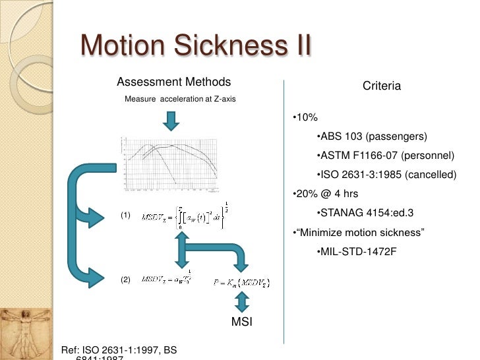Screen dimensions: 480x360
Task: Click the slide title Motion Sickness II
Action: click(195, 46)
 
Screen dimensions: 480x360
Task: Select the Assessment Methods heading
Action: click(173, 82)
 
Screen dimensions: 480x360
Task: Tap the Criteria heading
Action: click(382, 86)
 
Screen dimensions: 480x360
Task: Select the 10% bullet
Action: click(305, 117)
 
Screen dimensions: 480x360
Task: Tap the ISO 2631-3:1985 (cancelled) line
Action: click(386, 175)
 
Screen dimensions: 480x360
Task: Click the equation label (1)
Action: click(125, 216)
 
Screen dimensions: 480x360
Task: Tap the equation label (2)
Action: click(125, 280)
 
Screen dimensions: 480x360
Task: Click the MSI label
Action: click(241, 322)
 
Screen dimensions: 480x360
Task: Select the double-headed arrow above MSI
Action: click(241, 302)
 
